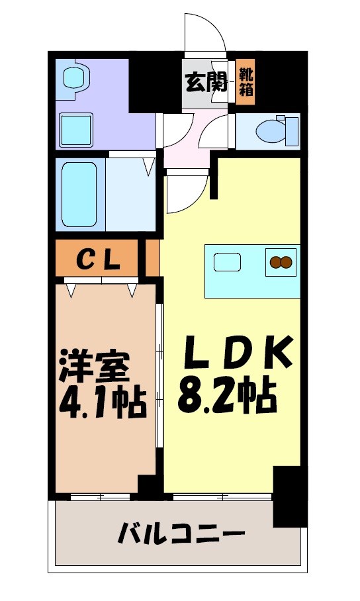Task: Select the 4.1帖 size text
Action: tap(99, 402)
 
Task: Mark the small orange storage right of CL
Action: tap(152, 258)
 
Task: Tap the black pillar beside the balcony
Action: tap(289, 496)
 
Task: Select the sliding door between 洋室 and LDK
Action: tap(159, 384)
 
